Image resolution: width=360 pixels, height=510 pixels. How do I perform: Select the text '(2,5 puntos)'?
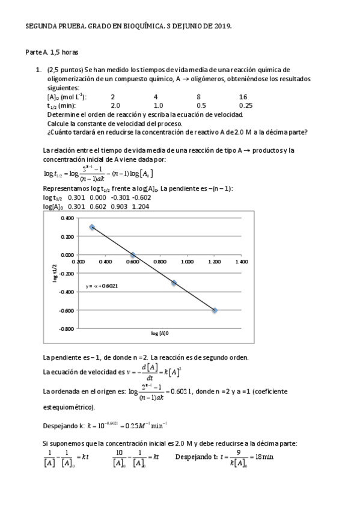(65, 70)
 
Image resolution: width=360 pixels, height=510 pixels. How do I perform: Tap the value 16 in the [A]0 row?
(242, 97)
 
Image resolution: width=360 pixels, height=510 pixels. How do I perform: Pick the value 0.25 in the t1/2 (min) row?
(245, 105)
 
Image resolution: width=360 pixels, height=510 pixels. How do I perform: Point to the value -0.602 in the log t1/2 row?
(141, 197)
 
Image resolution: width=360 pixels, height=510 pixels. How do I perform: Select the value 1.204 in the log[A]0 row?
(141, 206)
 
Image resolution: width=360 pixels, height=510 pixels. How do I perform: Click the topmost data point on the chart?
(92, 227)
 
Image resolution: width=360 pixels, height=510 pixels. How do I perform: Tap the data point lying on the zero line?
(133, 255)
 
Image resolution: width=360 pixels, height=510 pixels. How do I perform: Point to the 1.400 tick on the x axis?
(241, 262)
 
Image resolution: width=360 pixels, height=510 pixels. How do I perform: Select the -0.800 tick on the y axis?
(67, 329)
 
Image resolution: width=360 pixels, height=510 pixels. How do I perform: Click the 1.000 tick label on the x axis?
(187, 262)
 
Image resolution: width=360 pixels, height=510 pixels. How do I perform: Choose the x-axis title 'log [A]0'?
(160, 333)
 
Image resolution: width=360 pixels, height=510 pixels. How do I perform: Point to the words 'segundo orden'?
(222, 357)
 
